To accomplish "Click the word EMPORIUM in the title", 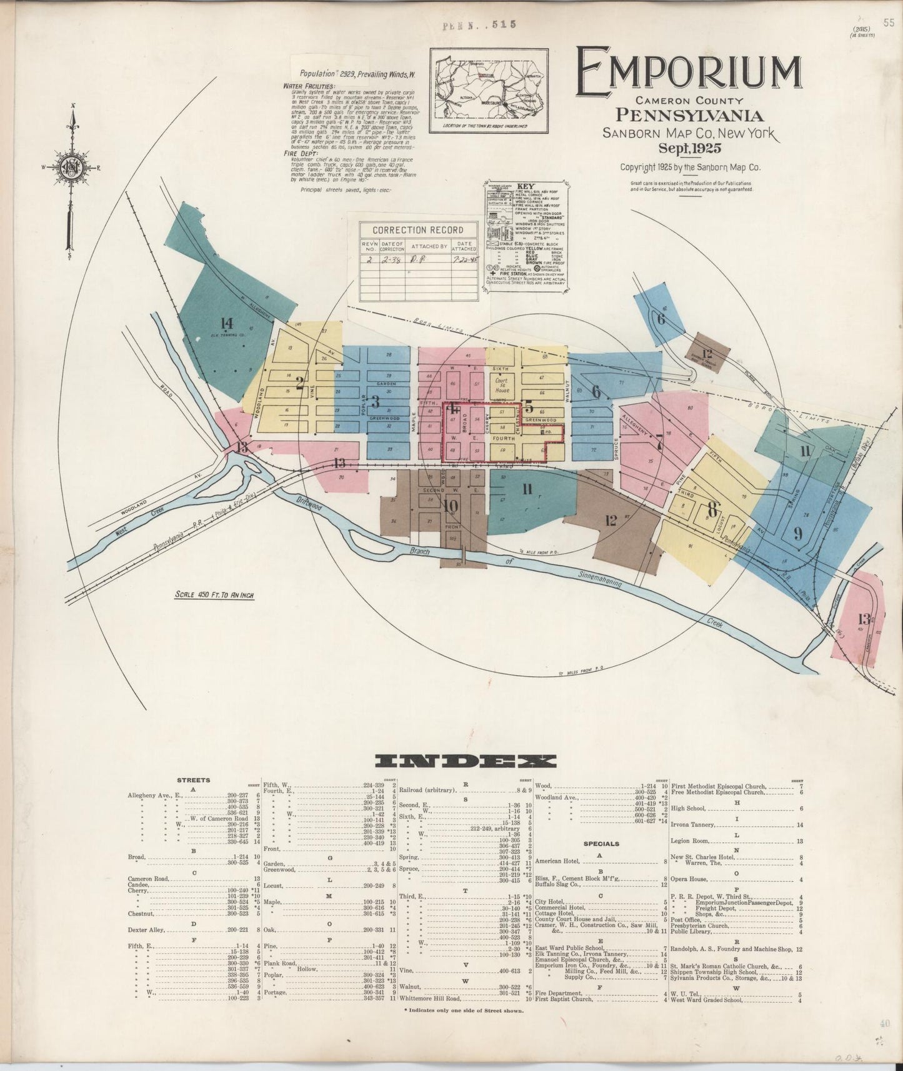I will pos(688,74).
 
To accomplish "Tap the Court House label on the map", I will pos(502,384).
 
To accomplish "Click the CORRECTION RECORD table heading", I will pos(418,230).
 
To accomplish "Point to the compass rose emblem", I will pos(71,168).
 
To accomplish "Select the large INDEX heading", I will pos(465,760).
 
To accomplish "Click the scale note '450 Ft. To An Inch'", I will pos(214,595).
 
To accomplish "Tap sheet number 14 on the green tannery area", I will pos(226,324).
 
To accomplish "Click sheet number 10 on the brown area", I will pos(450,506).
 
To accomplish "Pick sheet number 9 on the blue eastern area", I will pos(798,534).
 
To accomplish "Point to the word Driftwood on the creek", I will pos(309,504).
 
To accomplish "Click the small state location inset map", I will pos(489,91).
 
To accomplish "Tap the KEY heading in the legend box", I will pos(526,186).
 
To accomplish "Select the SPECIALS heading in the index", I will pos(601,844).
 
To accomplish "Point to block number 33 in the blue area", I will pos(389,449).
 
